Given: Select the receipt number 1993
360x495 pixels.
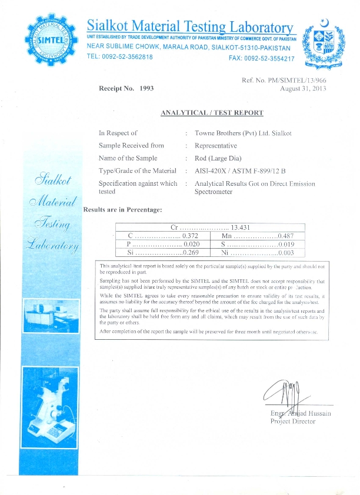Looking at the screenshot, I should point(146,88).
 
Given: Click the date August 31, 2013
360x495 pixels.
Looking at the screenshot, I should point(302,88).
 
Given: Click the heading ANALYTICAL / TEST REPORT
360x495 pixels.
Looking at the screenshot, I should point(212,112).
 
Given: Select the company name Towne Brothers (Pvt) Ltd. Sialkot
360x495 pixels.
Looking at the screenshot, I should point(243,133).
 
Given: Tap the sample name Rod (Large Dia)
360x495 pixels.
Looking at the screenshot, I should point(218,158).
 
